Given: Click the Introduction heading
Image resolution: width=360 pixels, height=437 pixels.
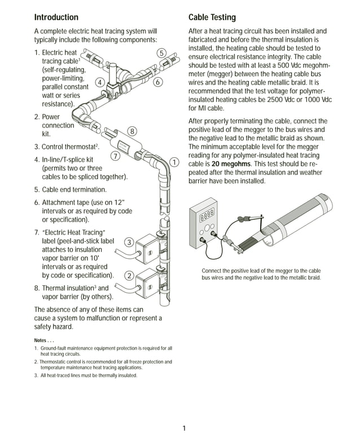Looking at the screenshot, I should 56,17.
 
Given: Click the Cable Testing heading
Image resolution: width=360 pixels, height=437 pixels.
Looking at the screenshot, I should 212,17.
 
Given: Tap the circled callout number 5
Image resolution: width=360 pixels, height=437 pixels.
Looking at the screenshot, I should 161,53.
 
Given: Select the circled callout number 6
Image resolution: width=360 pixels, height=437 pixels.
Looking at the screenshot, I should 158,82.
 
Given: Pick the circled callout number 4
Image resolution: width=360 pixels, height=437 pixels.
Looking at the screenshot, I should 99,82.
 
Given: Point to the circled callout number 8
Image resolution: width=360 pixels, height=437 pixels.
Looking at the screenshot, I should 132,131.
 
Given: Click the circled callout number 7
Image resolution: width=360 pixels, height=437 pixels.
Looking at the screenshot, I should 115,156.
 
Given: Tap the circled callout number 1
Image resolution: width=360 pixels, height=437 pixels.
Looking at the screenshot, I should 174,162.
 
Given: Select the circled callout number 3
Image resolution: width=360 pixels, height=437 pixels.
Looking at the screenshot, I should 129,242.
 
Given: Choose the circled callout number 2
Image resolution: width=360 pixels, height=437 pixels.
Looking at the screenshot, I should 129,276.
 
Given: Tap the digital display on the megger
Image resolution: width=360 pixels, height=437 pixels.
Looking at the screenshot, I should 207,215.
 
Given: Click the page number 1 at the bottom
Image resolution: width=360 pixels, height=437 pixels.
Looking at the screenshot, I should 184,429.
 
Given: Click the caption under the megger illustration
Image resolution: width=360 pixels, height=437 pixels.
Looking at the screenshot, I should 261,274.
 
